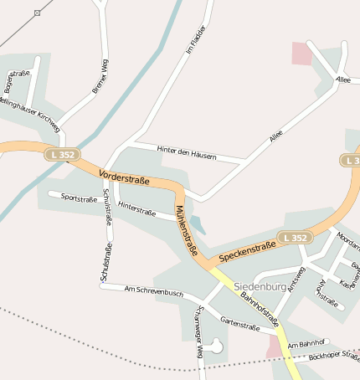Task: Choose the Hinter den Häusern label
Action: [186, 152]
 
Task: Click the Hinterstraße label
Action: [137, 208]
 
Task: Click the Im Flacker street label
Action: [195, 40]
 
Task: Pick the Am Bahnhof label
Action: [304, 345]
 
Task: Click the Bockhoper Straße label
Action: [333, 357]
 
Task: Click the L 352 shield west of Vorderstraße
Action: [63, 155]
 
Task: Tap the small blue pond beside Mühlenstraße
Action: [198, 224]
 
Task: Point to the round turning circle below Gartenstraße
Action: [218, 343]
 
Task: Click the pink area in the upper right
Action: [301, 53]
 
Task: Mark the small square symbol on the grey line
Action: [38, 13]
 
